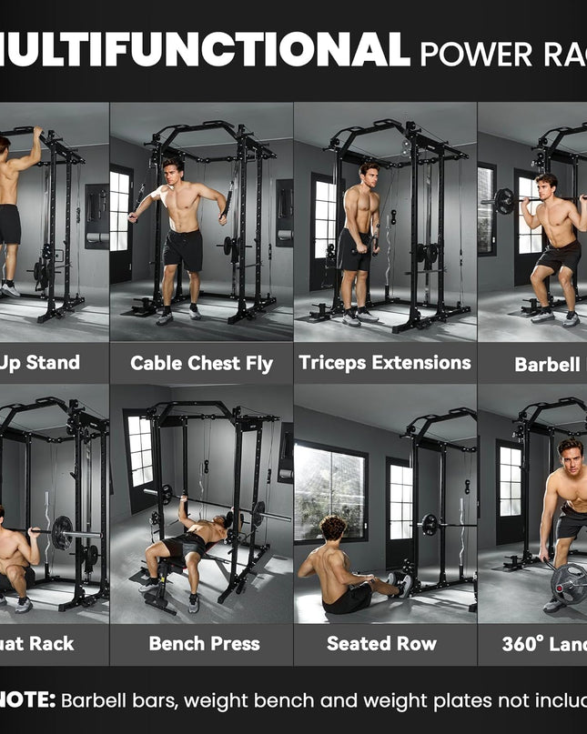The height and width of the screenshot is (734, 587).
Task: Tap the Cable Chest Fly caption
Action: [x=201, y=364]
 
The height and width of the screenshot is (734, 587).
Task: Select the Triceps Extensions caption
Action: [x=384, y=362]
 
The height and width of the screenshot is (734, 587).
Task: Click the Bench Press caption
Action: [x=204, y=644]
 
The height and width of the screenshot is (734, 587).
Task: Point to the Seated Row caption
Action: [x=381, y=644]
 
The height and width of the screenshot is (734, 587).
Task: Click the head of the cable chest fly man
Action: [x=172, y=170]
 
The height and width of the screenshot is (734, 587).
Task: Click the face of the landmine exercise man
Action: [x=570, y=454]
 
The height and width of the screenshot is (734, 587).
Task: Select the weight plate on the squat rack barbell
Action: [x=62, y=532]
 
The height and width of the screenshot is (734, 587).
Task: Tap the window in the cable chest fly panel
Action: [x=120, y=210]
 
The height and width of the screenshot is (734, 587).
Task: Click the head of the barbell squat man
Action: [x=545, y=186]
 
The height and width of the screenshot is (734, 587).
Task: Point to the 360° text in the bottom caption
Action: [x=522, y=644]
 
